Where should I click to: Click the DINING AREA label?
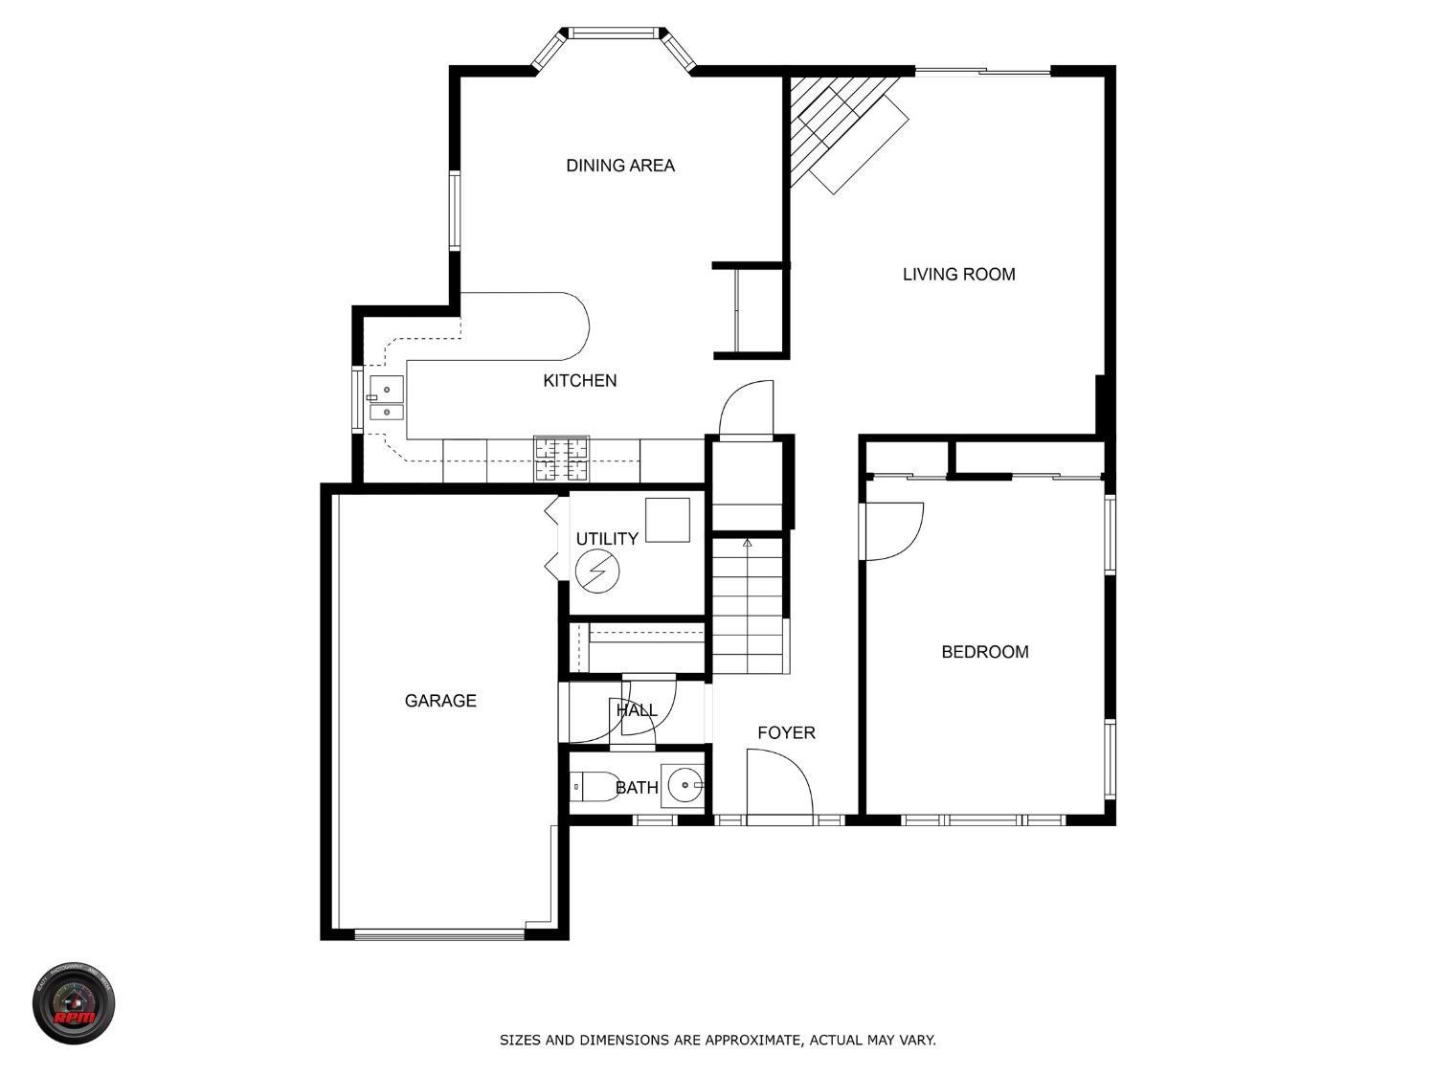click(620, 166)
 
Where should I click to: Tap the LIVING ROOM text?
click(958, 275)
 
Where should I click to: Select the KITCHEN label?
click(579, 381)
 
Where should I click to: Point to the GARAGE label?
click(440, 701)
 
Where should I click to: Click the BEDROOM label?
click(984, 652)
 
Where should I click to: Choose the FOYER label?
click(786, 733)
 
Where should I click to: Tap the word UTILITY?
click(607, 539)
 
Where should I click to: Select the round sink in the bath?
click(684, 785)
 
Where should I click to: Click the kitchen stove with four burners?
click(562, 459)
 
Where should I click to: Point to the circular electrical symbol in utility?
click(597, 572)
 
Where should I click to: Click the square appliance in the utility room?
click(667, 520)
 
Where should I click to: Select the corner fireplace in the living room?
click(833, 124)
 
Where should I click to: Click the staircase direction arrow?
click(747, 543)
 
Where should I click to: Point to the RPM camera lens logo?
click(74, 1004)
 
